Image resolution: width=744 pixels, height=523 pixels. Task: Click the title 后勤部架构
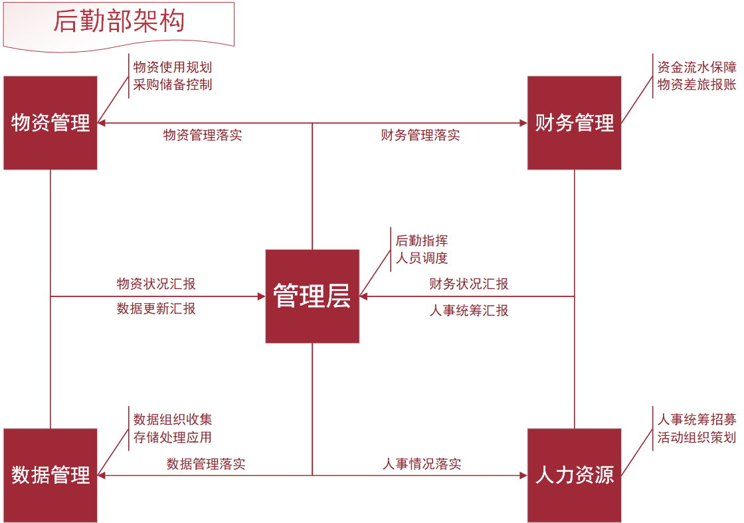(x=119, y=21)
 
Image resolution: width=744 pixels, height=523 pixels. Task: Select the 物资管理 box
(x=50, y=123)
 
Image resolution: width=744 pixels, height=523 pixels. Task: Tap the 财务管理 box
(x=574, y=123)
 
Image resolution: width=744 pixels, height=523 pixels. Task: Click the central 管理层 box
(x=312, y=296)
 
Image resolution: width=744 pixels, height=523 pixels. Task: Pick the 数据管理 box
(x=50, y=475)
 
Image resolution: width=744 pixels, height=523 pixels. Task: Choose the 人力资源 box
(x=574, y=475)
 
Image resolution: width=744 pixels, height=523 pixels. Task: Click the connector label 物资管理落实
(x=203, y=136)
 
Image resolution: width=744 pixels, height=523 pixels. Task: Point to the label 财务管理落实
(x=420, y=136)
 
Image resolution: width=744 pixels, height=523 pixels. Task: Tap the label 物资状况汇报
(x=156, y=284)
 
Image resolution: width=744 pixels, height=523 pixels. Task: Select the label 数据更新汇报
(x=156, y=308)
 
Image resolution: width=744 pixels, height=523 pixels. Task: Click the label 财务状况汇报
(x=469, y=284)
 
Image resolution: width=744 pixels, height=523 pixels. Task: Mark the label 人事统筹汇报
(x=469, y=310)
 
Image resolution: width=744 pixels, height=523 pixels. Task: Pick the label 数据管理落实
(x=206, y=464)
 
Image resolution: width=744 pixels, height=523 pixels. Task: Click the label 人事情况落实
(x=422, y=464)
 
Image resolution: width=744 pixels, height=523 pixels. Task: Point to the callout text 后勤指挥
(x=422, y=241)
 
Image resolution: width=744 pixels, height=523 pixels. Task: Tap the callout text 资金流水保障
(x=697, y=67)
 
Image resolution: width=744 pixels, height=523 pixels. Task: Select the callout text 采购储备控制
(x=173, y=84)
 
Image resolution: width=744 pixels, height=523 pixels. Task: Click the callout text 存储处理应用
(x=173, y=437)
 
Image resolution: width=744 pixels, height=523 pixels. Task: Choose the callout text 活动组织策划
(x=697, y=437)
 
